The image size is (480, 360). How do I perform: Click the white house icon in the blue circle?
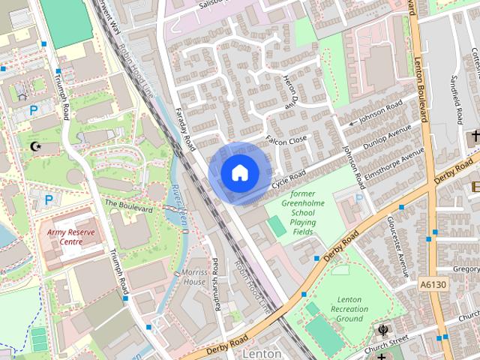coord(238,172)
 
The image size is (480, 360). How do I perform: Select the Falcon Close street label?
coord(286,141)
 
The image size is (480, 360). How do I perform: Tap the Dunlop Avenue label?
coord(387,136)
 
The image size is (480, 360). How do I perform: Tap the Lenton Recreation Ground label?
coord(349,309)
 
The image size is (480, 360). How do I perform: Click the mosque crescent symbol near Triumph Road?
coord(34,145)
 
